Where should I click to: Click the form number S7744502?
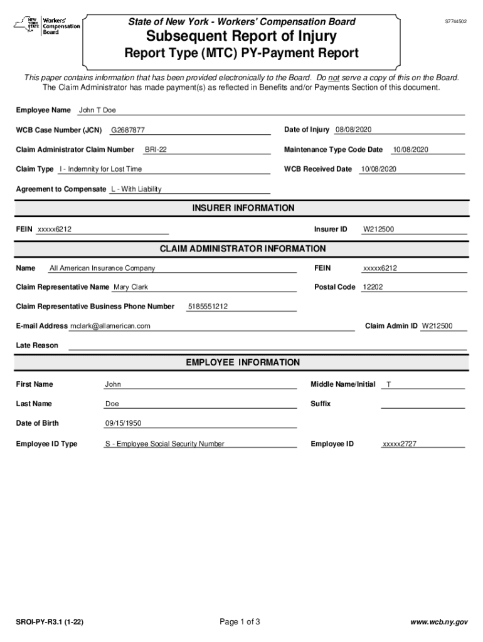pyautogui.click(x=455, y=22)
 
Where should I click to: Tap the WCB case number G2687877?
pyautogui.click(x=128, y=130)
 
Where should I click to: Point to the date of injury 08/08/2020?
pyautogui.click(x=353, y=130)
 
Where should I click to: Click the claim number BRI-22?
pyautogui.click(x=156, y=150)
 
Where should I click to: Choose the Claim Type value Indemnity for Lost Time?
pyautogui.click(x=100, y=169)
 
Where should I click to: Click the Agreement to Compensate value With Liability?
pyautogui.click(x=136, y=189)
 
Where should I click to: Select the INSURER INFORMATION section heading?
pyautogui.click(x=243, y=208)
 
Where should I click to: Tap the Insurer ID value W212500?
pyautogui.click(x=378, y=229)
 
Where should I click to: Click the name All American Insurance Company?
pyautogui.click(x=102, y=268)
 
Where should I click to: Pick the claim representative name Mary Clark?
pyautogui.click(x=130, y=287)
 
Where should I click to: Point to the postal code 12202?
pyautogui.click(x=373, y=287)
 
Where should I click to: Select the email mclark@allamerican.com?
pyautogui.click(x=110, y=326)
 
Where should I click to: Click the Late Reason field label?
pyautogui.click(x=36, y=345)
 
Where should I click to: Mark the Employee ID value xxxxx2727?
pyautogui.click(x=399, y=444)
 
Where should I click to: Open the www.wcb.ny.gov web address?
pyautogui.click(x=438, y=623)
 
